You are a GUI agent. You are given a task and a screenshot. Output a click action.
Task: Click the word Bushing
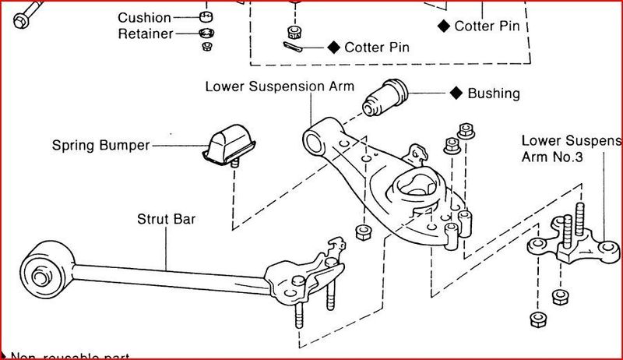tap(493, 94)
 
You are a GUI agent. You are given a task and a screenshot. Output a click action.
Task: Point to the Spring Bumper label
tap(100, 145)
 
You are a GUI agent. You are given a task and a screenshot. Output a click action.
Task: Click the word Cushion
tap(144, 17)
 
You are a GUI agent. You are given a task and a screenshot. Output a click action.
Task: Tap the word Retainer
tap(145, 34)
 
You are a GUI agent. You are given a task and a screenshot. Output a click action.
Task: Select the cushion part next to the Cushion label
tap(206, 16)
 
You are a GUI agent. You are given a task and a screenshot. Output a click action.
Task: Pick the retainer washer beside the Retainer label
tap(206, 33)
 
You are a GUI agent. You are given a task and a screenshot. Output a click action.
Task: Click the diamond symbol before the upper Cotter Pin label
tap(444, 26)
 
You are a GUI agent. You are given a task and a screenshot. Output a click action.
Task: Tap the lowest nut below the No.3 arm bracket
tap(536, 319)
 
